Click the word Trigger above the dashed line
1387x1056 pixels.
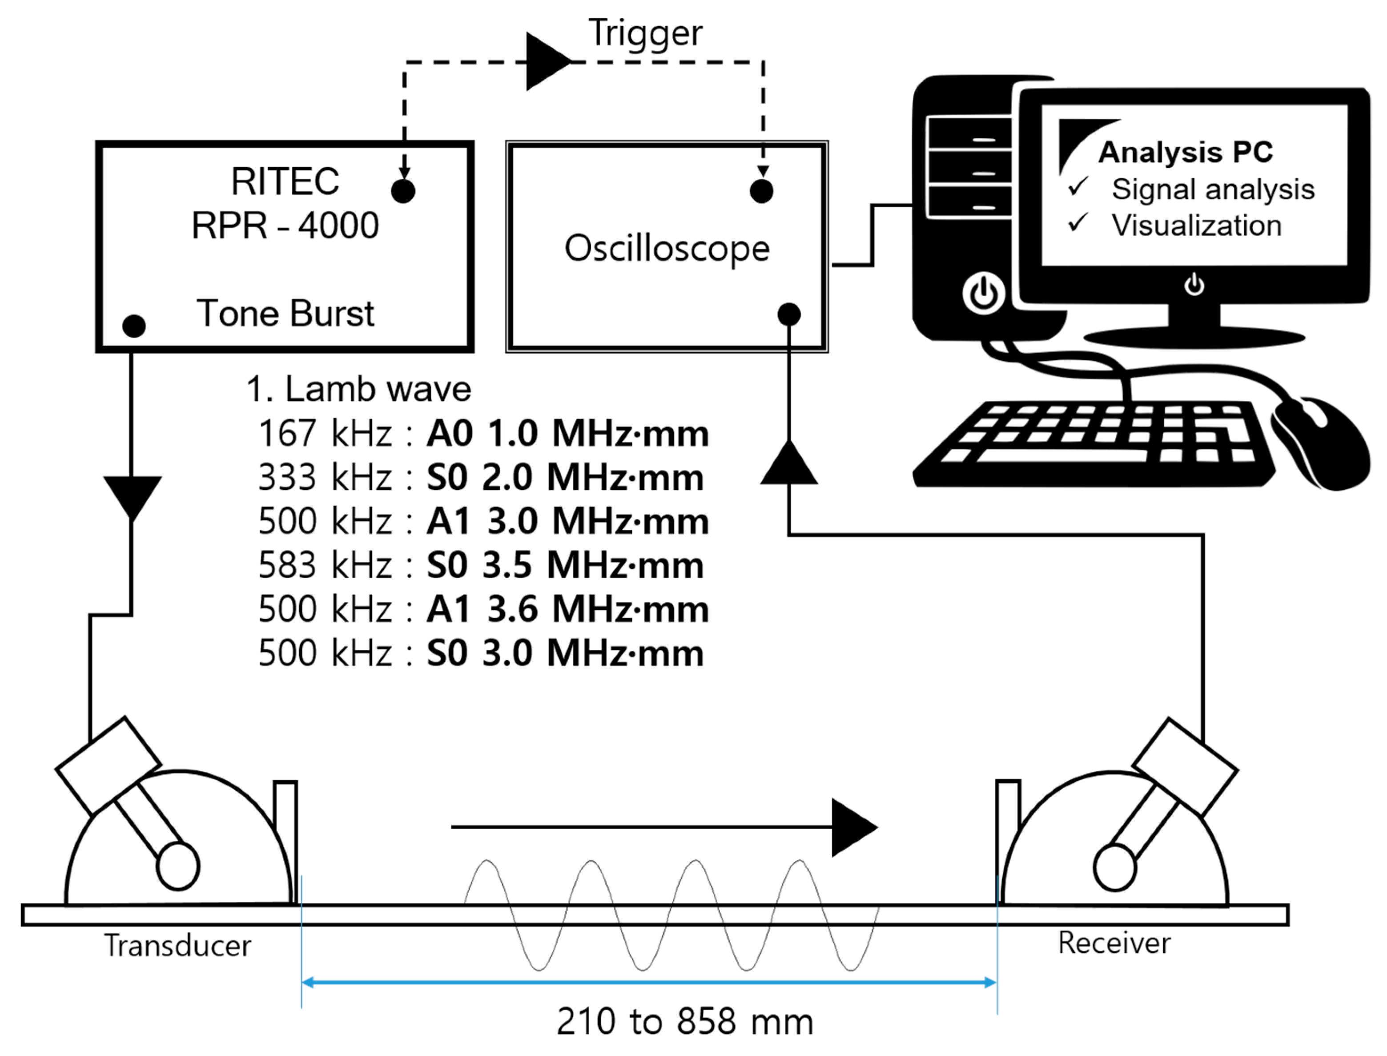click(x=645, y=32)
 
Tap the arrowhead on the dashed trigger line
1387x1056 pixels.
click(x=546, y=61)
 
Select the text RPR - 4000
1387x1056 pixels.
click(x=285, y=225)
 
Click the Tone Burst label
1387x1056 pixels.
click(x=285, y=313)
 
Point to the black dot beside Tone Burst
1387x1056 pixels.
click(x=134, y=326)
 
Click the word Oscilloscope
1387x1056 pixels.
click(x=667, y=248)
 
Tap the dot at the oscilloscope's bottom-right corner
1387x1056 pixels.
click(x=789, y=314)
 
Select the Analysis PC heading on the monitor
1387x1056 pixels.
click(x=1185, y=152)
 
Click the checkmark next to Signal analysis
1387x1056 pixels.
click(x=1078, y=187)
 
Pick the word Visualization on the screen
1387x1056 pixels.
click(x=1196, y=225)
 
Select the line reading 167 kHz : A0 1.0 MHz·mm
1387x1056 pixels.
click(x=483, y=433)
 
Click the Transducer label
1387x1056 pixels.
click(x=178, y=946)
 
